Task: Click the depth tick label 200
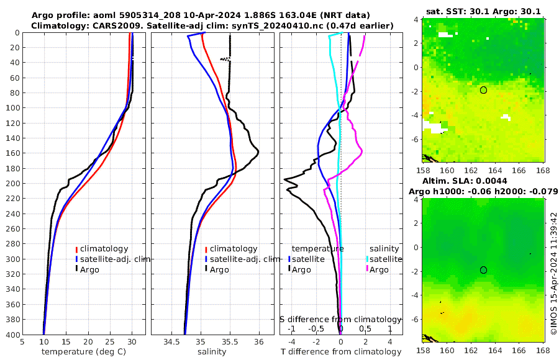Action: (x=12, y=184)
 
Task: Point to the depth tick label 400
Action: (x=12, y=335)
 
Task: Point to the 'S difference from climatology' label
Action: (x=340, y=318)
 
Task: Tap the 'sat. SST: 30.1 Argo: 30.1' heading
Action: (x=484, y=10)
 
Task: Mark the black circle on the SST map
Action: (x=483, y=90)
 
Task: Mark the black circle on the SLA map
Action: (x=483, y=269)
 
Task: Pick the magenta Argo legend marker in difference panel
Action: (x=367, y=269)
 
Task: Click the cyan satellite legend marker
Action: (x=367, y=259)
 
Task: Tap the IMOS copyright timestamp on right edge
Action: (x=553, y=274)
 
